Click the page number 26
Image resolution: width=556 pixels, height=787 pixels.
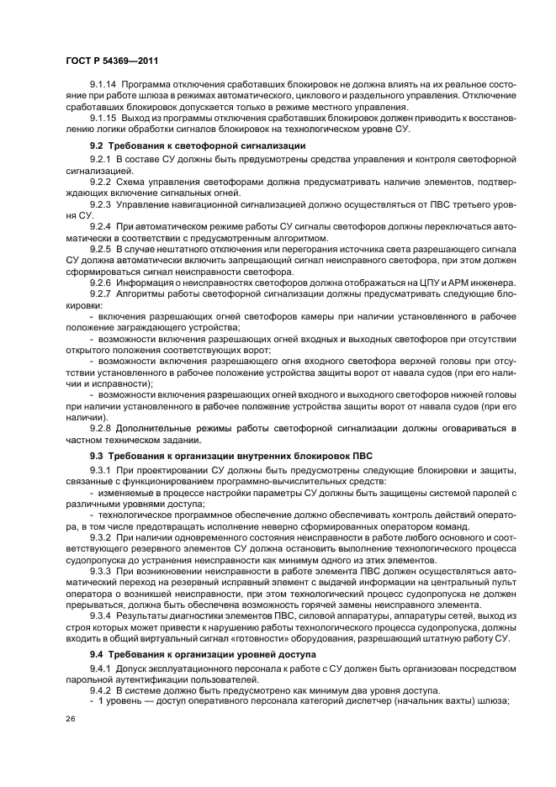(x=71, y=719)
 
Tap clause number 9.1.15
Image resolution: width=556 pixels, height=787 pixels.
(x=103, y=119)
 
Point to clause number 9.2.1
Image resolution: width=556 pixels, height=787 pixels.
(x=100, y=159)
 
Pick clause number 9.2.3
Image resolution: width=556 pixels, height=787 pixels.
(x=100, y=204)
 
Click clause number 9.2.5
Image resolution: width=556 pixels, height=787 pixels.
(x=100, y=251)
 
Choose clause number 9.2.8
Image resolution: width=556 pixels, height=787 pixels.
(x=100, y=428)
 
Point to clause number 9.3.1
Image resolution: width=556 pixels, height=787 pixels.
(x=100, y=468)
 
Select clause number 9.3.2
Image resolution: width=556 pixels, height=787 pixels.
(x=100, y=536)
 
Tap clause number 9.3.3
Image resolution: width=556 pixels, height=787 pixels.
(x=100, y=569)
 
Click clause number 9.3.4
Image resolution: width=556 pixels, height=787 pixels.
(x=100, y=615)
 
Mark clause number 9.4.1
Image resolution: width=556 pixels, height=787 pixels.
(x=100, y=667)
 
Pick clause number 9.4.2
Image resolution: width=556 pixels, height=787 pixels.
(x=100, y=689)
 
